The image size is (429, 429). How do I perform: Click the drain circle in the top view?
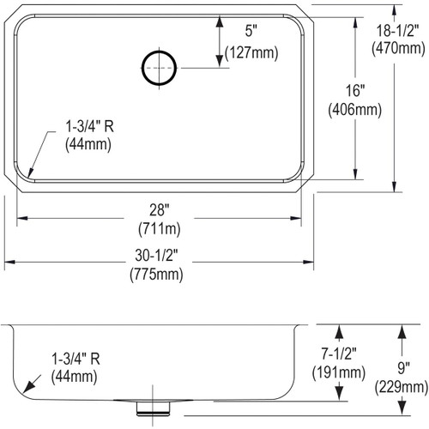160,68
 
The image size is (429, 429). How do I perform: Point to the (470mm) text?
396,49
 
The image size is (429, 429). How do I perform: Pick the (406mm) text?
343,109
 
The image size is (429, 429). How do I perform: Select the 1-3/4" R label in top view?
88,126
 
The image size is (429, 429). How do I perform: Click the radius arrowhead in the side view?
32,385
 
